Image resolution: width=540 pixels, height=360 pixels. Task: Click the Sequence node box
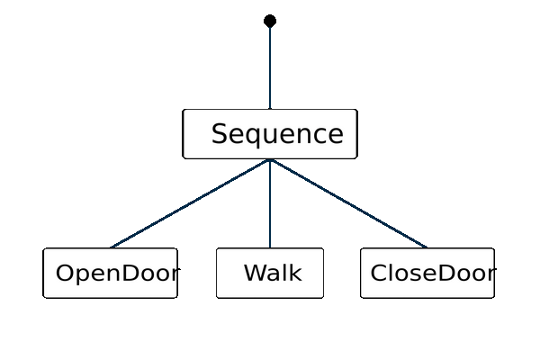[270, 134]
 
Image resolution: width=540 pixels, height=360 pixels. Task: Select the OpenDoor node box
[110, 273]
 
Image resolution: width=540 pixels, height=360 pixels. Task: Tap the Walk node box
[270, 273]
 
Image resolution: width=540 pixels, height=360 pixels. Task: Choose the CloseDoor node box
[427, 273]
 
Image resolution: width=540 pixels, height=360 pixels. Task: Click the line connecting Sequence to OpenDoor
[190, 203]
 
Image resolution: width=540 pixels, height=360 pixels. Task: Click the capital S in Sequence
[220, 134]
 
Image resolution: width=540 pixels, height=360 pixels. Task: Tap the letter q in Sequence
[256, 136]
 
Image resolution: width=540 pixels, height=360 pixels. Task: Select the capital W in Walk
[255, 273]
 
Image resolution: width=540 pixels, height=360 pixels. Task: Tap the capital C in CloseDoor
[379, 273]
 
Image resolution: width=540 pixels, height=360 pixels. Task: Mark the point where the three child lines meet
[270, 160]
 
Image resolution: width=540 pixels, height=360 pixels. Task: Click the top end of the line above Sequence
[270, 28]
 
